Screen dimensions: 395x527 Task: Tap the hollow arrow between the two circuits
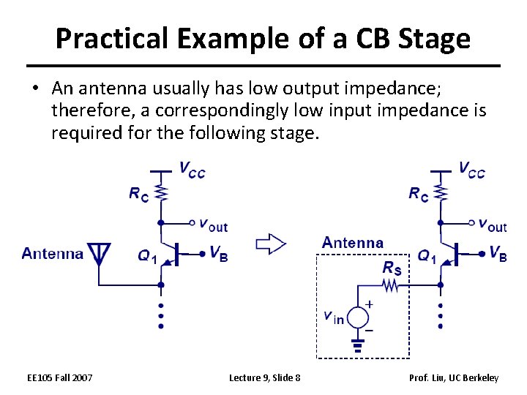[269, 244]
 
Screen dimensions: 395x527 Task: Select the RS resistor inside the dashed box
[391, 287]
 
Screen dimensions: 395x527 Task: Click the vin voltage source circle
[358, 317]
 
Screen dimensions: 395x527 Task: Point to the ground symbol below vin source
[358, 343]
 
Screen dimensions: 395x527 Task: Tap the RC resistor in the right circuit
[441, 193]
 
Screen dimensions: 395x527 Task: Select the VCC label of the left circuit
[192, 170]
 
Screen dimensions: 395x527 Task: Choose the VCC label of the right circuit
[471, 170]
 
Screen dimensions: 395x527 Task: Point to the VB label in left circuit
[217, 253]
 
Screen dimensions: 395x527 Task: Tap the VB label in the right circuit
[497, 254]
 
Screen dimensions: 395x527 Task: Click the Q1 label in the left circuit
[147, 256]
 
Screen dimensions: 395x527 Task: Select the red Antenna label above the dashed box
[352, 242]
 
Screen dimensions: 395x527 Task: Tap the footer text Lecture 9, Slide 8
[264, 377]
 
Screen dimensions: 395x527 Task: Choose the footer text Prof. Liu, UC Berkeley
[454, 377]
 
